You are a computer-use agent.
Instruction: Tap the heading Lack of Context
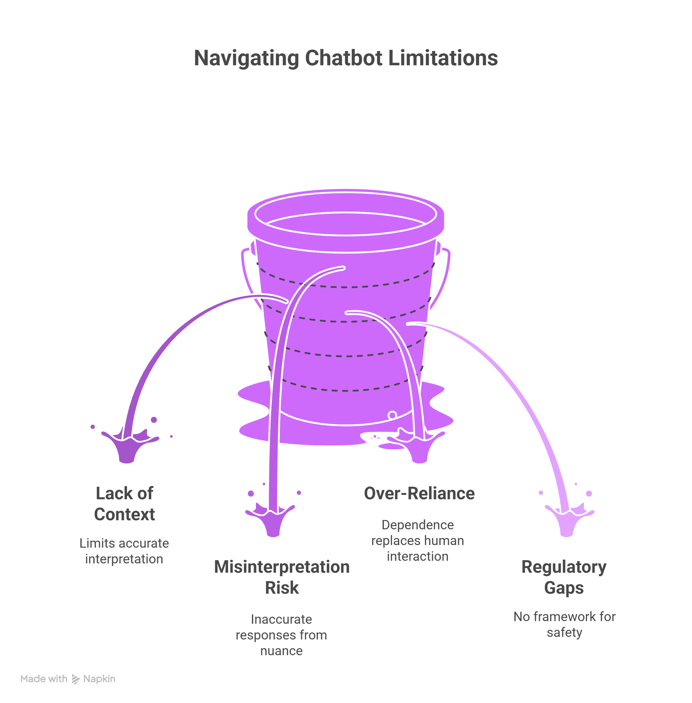(x=124, y=504)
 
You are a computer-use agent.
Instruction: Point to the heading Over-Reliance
(x=419, y=493)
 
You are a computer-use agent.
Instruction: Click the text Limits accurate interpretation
(x=124, y=551)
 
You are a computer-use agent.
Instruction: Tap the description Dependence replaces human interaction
(x=418, y=540)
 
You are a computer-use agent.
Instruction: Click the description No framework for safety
(x=564, y=624)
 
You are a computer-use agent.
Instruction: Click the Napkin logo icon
(x=76, y=679)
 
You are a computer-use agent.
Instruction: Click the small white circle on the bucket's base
(x=392, y=415)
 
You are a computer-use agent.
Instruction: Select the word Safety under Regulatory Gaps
(x=564, y=632)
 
